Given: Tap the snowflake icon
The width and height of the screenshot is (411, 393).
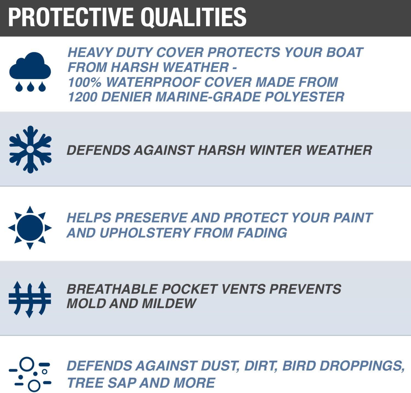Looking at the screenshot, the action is [x=30, y=149].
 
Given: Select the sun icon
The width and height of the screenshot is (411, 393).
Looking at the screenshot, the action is [x=30, y=228].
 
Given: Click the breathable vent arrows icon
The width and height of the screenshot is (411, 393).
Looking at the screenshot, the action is [x=30, y=299].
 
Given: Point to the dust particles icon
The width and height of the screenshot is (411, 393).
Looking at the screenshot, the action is [x=30, y=374].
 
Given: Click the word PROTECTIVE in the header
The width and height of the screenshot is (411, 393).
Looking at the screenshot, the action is [x=71, y=17].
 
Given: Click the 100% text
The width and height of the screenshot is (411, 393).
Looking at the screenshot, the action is [x=84, y=82].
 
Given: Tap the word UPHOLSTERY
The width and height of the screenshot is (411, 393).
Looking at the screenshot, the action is [x=144, y=233].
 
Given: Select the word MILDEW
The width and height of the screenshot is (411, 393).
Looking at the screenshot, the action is [x=169, y=303].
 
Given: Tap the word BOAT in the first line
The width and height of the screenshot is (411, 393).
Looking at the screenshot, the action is [x=344, y=53].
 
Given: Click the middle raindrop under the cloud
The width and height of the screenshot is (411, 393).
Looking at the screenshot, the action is [x=30, y=87].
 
